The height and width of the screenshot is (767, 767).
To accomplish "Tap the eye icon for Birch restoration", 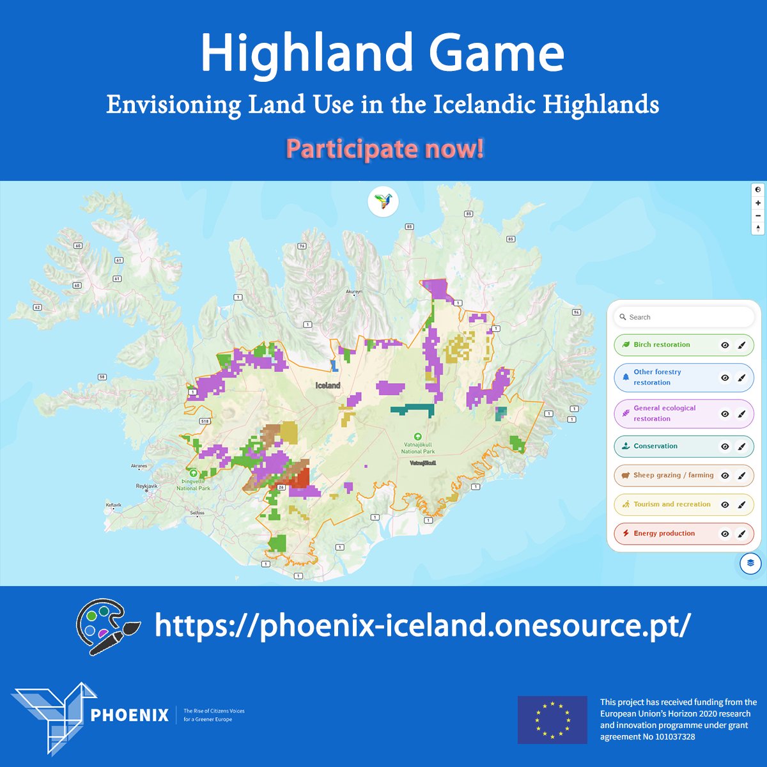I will [725, 345].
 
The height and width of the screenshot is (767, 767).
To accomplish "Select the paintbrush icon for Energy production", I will [741, 534].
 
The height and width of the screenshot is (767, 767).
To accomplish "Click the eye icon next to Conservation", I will [725, 447].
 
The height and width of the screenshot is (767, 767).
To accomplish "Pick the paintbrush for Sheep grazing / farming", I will [741, 476].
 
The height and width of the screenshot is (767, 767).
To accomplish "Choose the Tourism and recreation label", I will [672, 504].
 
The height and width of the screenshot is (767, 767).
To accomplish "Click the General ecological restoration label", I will [664, 414].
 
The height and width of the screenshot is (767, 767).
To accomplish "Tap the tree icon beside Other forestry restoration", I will [626, 377].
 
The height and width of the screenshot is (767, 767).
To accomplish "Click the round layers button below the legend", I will [750, 563].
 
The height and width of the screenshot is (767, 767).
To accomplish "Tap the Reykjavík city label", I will [146, 486].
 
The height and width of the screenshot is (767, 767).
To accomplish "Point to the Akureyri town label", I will [353, 291].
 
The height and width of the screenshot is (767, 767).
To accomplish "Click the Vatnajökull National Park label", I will [417, 447].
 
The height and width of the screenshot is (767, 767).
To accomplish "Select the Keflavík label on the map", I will [113, 505].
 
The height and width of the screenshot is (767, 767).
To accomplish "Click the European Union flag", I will [552, 719].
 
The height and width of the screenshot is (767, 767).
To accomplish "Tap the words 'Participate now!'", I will [385, 149].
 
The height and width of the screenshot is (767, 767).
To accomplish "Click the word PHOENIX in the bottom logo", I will [130, 715].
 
